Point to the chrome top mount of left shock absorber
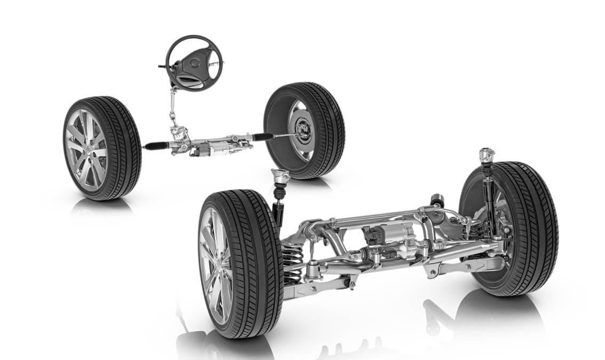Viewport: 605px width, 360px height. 280,175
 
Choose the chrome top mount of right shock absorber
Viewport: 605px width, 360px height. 486,155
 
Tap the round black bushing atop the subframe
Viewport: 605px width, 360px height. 437,199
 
